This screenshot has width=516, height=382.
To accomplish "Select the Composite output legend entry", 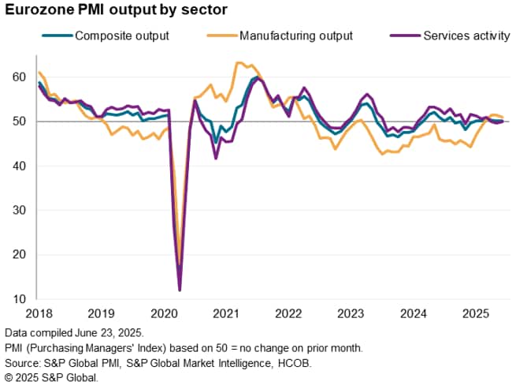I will click(x=115, y=35).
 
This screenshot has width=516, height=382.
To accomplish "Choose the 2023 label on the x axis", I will click(x=349, y=313).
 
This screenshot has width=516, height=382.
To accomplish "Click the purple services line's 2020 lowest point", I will click(x=180, y=290).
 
